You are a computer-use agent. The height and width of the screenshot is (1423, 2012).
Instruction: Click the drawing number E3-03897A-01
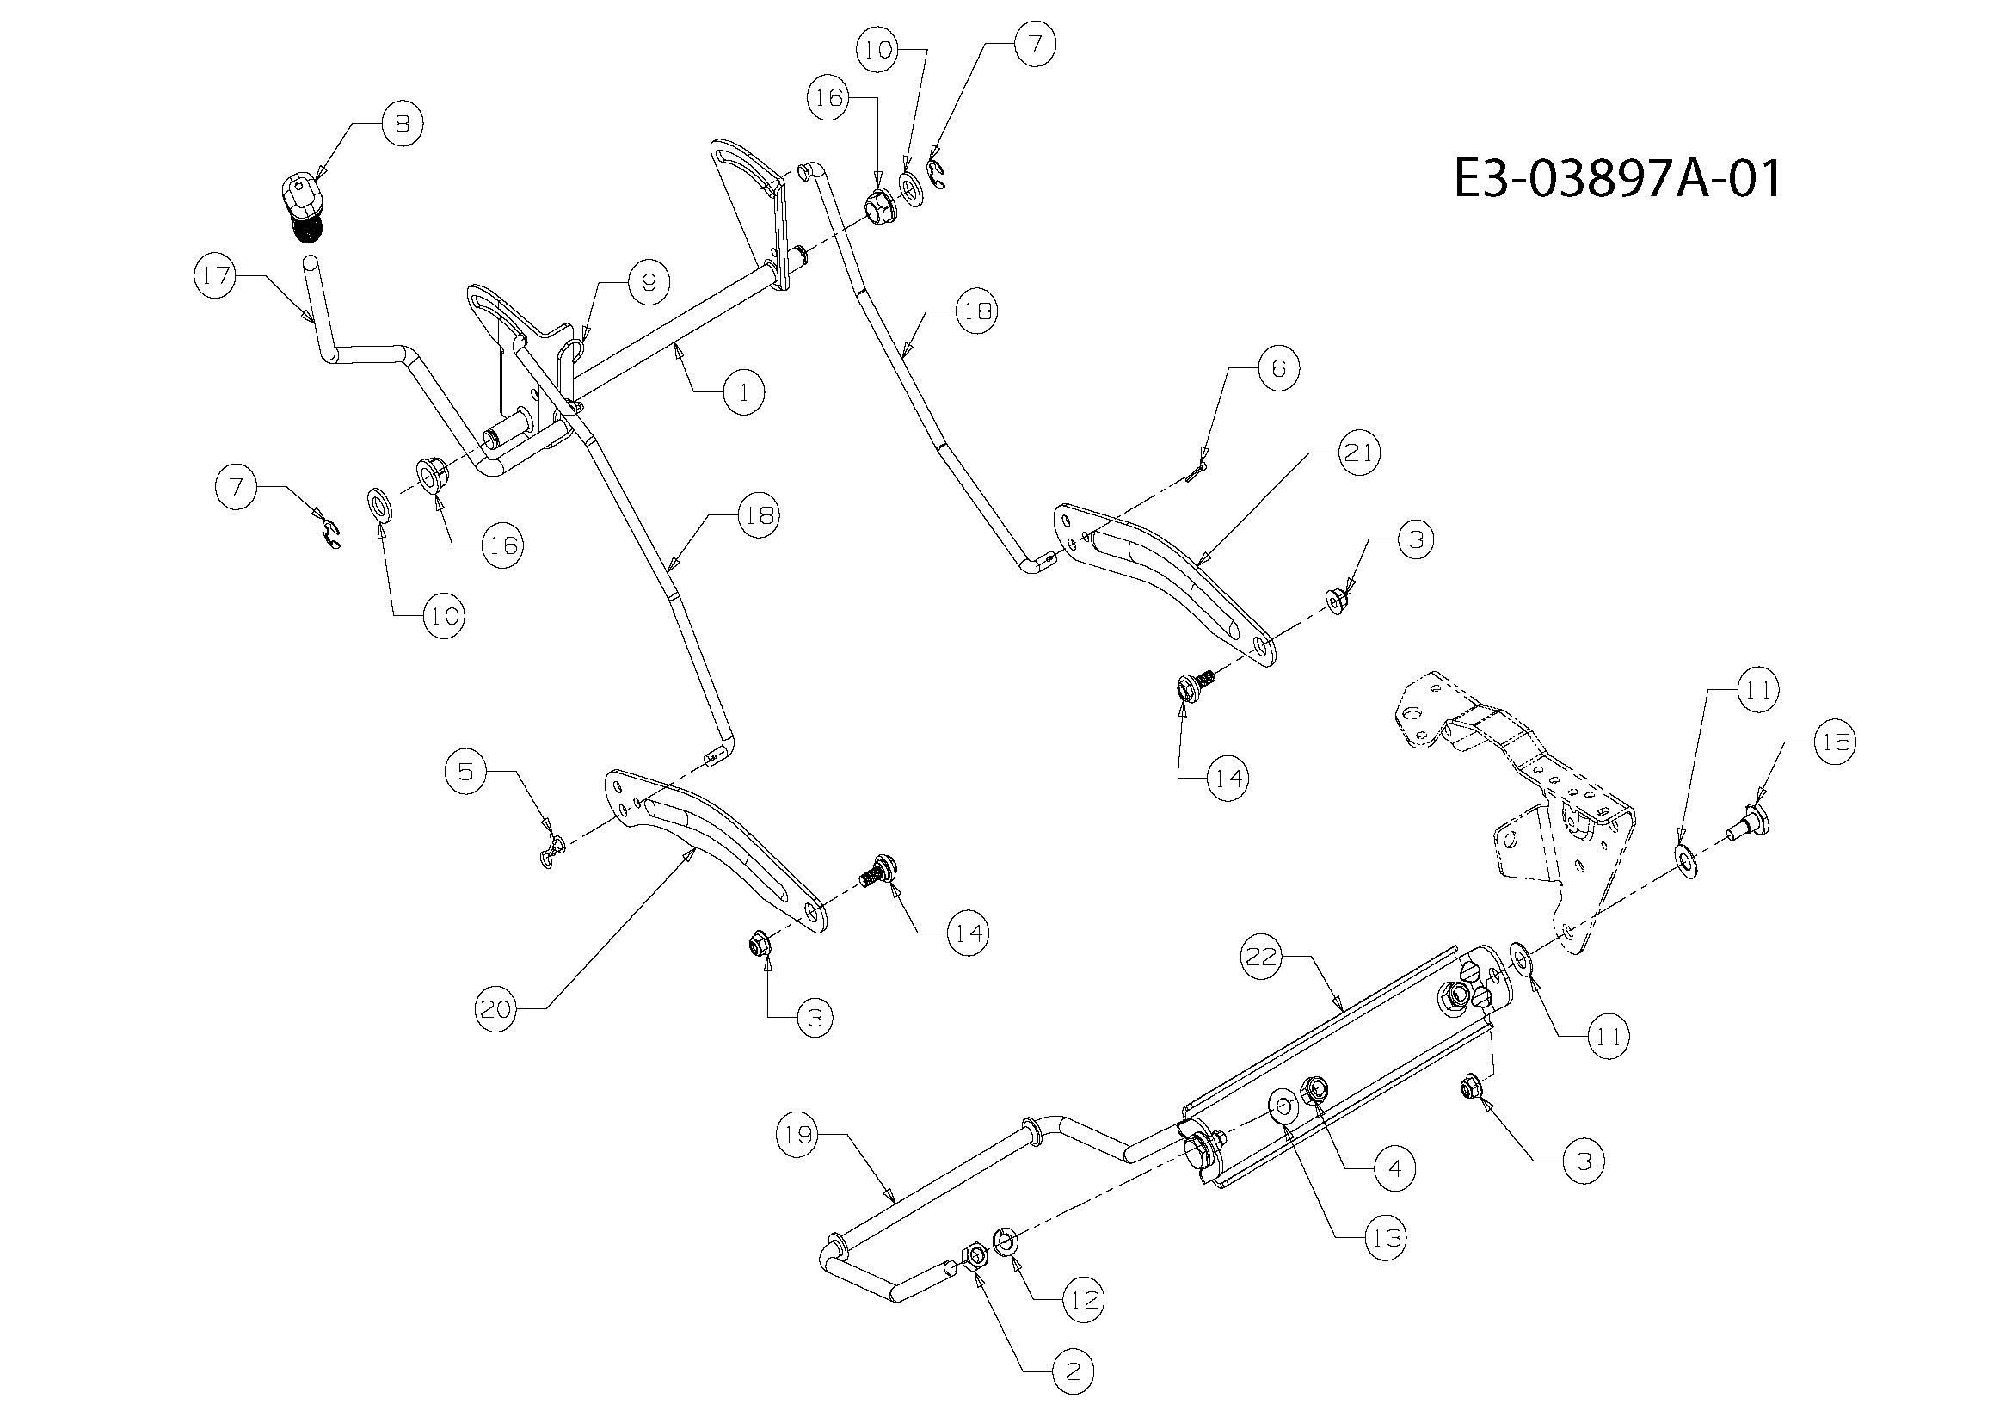[x=1617, y=180]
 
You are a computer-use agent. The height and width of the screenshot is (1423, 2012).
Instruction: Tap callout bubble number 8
[x=403, y=125]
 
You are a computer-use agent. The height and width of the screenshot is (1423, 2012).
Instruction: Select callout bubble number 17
[x=215, y=276]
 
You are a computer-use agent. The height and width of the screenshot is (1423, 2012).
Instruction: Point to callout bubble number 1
[x=744, y=392]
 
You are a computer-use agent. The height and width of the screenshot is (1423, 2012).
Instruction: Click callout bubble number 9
[x=649, y=282]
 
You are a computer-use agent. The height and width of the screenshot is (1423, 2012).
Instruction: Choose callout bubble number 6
[x=1277, y=369]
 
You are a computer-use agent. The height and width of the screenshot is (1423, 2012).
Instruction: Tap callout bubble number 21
[x=1359, y=453]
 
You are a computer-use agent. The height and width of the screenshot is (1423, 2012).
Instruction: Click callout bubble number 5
[x=465, y=772]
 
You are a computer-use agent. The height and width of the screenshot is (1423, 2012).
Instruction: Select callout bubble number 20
[x=496, y=1009]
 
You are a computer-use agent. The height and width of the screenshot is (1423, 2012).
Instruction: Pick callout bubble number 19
[x=797, y=1135]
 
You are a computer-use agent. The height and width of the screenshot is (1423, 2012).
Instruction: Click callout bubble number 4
[x=1394, y=1168]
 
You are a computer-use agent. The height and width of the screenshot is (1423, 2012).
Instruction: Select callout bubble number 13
[x=1386, y=1239]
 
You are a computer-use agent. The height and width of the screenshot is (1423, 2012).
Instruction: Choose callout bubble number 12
[x=1084, y=1300]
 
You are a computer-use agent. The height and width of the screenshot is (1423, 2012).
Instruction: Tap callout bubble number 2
[x=1074, y=1372]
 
